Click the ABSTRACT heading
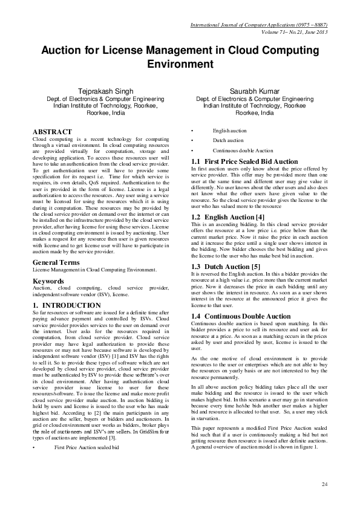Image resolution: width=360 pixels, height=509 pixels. point(51,131)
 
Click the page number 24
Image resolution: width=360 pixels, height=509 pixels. point(324,485)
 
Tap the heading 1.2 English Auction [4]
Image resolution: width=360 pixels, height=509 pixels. point(227,216)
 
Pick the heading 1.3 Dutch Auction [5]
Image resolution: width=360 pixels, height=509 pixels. point(225,266)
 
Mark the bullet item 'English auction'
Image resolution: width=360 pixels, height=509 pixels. point(229,131)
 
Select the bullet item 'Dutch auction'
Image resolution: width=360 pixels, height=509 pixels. point(228,140)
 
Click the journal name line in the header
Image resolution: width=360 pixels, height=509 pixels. point(260,25)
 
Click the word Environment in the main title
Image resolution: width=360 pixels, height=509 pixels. point(180,64)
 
